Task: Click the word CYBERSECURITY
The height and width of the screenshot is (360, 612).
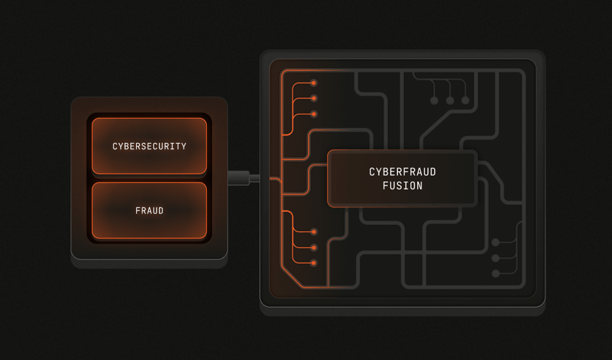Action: pyautogui.click(x=149, y=147)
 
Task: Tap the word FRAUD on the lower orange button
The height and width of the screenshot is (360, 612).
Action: pyautogui.click(x=149, y=211)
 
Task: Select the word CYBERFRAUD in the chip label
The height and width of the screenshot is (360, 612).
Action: pyautogui.click(x=402, y=172)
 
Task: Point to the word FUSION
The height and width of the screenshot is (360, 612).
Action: pyautogui.click(x=402, y=186)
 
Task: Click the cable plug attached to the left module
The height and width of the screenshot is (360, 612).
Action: pyautogui.click(x=238, y=178)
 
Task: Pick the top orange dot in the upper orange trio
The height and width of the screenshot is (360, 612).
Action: pyautogui.click(x=314, y=83)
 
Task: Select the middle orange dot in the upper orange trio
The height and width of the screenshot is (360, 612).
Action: pyautogui.click(x=314, y=98)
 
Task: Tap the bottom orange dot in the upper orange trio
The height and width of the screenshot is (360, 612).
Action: pyautogui.click(x=314, y=114)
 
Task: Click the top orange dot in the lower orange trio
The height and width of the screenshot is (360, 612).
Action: pyautogui.click(x=314, y=231)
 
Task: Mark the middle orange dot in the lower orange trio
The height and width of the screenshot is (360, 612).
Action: pyautogui.click(x=314, y=247)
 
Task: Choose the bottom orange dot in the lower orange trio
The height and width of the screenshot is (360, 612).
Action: pyautogui.click(x=314, y=263)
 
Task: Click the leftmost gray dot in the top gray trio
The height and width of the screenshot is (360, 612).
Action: pyautogui.click(x=434, y=100)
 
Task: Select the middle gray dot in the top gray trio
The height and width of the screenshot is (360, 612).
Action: pyautogui.click(x=450, y=100)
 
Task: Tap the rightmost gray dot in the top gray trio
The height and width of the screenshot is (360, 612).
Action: pyautogui.click(x=466, y=100)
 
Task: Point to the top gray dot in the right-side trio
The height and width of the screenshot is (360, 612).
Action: pyautogui.click(x=495, y=242)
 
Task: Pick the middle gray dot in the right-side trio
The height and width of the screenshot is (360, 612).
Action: pyautogui.click(x=495, y=258)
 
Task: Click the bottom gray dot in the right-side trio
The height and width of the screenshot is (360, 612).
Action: pyautogui.click(x=495, y=273)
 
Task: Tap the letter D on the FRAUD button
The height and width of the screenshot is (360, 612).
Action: pyautogui.click(x=161, y=211)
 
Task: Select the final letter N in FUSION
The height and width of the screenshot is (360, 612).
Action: pyautogui.click(x=420, y=186)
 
